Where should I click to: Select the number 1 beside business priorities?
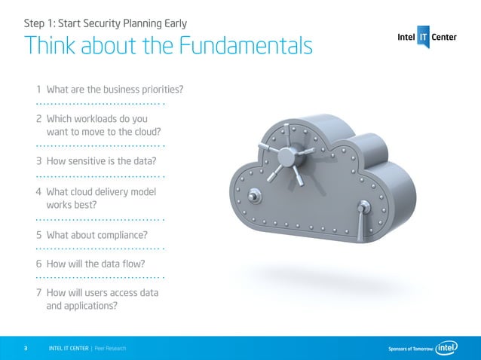[x=38, y=91]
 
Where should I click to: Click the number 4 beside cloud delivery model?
[x=38, y=191]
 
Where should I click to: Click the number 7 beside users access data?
[x=38, y=293]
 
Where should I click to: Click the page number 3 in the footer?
[x=26, y=349]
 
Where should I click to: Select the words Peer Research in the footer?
[x=110, y=349]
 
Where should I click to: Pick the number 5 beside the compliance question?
[x=38, y=233]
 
